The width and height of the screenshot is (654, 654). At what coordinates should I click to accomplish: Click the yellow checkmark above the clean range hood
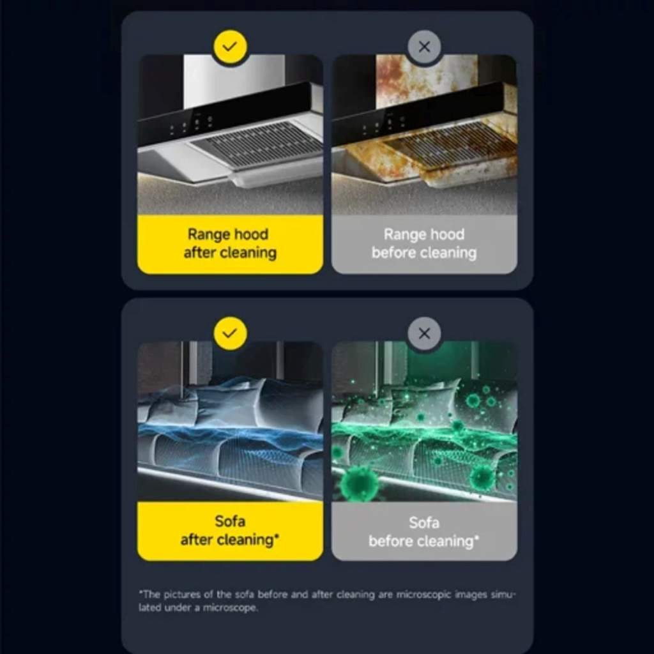[x=230, y=46]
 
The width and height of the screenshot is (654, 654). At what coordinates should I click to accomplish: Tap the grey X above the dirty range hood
[x=424, y=46]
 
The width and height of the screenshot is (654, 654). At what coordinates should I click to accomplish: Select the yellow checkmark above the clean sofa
[x=230, y=333]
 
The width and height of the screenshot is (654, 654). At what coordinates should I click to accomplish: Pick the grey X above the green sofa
[x=424, y=333]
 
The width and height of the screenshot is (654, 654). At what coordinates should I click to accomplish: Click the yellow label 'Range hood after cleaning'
[x=230, y=244]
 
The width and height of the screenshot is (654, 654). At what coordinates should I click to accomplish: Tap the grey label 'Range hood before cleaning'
[x=424, y=244]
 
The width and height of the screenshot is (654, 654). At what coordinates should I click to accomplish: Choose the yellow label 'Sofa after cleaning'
[x=230, y=531]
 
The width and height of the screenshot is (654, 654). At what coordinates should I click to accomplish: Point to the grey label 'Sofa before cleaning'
[x=424, y=531]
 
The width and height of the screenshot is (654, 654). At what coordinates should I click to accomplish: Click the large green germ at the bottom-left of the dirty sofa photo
[x=358, y=483]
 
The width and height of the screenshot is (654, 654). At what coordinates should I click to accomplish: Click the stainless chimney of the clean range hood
[x=234, y=79]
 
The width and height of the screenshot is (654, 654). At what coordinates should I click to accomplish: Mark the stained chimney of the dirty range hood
[x=426, y=79]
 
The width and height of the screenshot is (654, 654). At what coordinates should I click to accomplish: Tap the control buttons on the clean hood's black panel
[x=192, y=125]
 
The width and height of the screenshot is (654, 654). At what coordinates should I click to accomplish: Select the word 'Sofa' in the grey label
[x=424, y=522]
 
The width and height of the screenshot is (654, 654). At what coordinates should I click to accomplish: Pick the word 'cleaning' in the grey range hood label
[x=446, y=253]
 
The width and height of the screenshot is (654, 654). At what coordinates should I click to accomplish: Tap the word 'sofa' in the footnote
[x=245, y=595]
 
